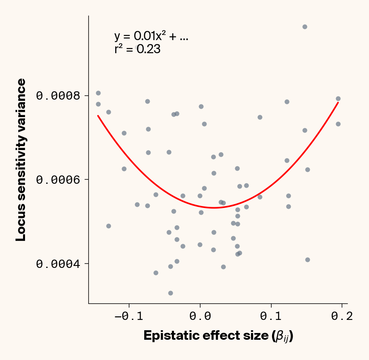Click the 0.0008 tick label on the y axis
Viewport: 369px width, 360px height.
point(58,96)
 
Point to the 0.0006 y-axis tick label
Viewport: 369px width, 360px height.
point(58,180)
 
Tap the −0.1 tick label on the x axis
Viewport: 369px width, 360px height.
point(126,316)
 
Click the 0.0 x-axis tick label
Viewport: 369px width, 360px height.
point(200,316)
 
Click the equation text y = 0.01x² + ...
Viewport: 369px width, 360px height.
point(151,37)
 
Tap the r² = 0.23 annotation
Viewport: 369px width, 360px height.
point(137,49)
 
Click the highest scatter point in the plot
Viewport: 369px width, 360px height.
point(305,27)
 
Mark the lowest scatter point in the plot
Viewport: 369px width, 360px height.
point(170,293)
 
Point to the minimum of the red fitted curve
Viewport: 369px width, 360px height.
point(214,208)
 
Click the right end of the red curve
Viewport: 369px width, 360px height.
point(338,102)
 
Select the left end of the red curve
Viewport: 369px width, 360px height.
point(98,116)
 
